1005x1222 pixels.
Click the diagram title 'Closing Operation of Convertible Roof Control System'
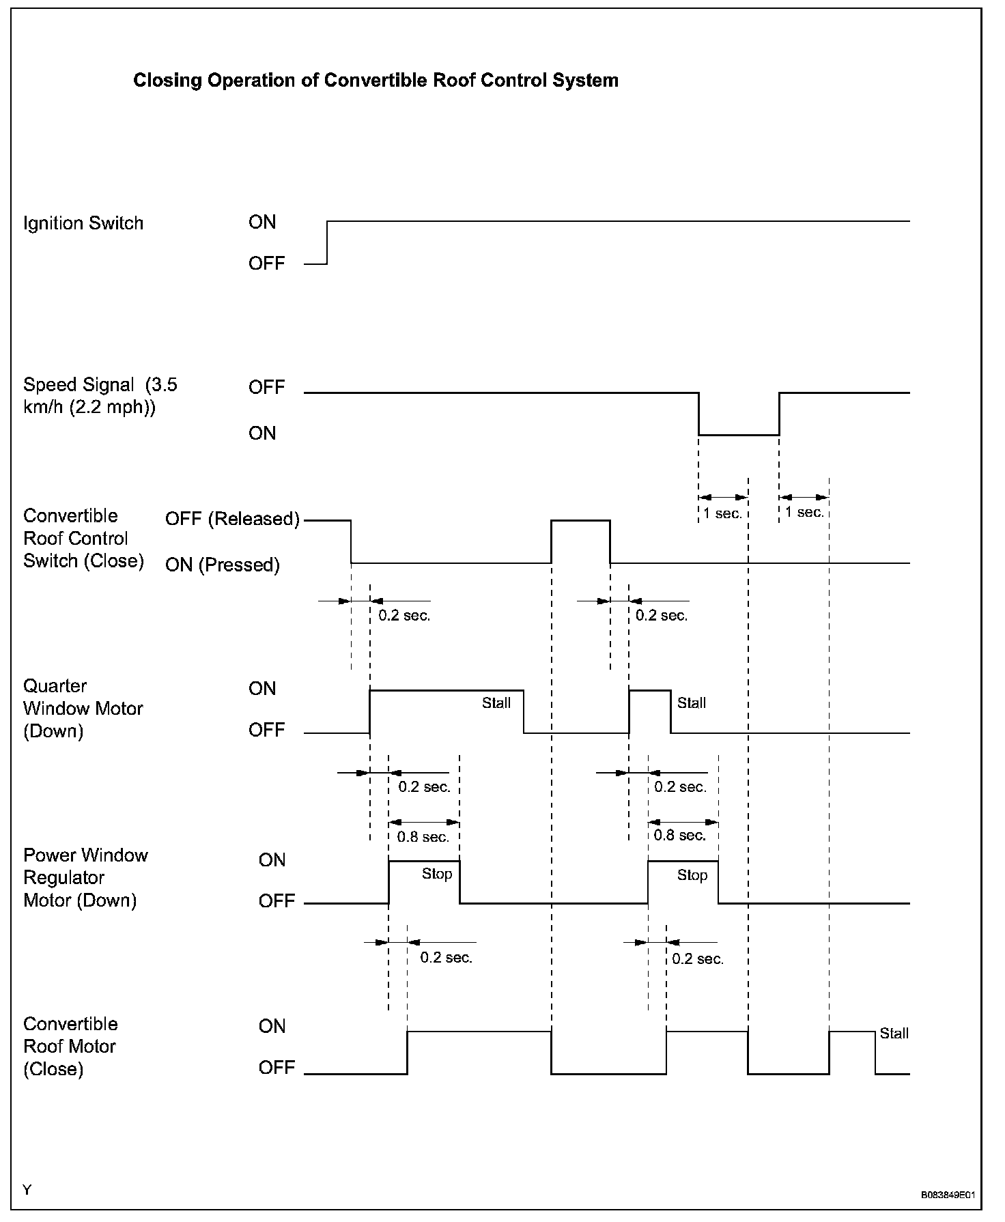pyautogui.click(x=376, y=81)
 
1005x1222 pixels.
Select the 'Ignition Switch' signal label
pyautogui.click(x=83, y=223)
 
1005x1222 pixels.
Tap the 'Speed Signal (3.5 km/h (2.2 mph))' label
pyautogui.click(x=100, y=396)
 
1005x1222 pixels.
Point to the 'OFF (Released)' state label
pyautogui.click(x=232, y=519)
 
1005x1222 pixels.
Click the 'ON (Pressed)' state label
pyautogui.click(x=223, y=565)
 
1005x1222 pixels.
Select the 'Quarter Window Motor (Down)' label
pyautogui.click(x=83, y=708)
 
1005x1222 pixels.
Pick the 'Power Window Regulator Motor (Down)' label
pyautogui.click(x=85, y=877)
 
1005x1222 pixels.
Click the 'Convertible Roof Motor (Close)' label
pyautogui.click(x=70, y=1046)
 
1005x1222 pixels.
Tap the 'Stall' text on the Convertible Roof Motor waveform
pyautogui.click(x=894, y=1033)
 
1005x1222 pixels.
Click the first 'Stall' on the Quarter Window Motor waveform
pyautogui.click(x=496, y=703)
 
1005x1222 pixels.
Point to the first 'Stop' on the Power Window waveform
pyautogui.click(x=437, y=874)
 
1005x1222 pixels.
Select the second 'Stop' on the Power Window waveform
pyautogui.click(x=692, y=875)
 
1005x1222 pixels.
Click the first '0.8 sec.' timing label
pyautogui.click(x=423, y=836)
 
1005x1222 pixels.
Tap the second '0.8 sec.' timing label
pyautogui.click(x=680, y=835)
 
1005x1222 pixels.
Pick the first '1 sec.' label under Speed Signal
pyautogui.click(x=723, y=513)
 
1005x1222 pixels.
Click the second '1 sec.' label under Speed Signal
pyautogui.click(x=804, y=512)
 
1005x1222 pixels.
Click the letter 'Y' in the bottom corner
pyautogui.click(x=27, y=1190)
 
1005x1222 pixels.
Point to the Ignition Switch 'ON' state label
pyautogui.click(x=262, y=222)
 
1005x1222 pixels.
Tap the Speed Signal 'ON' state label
pyautogui.click(x=262, y=433)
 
